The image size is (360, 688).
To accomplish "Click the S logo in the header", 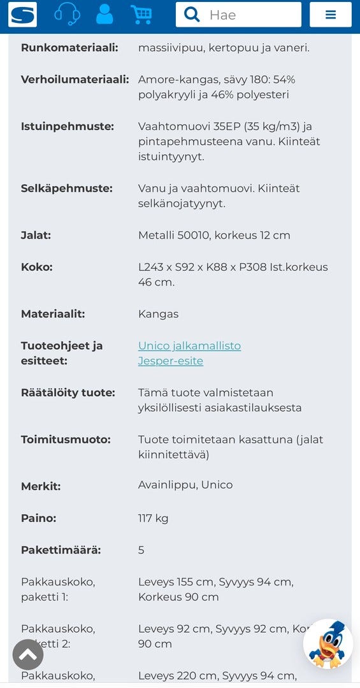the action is coord(22,14).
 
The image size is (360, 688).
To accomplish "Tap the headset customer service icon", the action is coord(67,14).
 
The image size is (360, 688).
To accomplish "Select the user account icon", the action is coord(104,14).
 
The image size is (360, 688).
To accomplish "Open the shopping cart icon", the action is coord(141,14).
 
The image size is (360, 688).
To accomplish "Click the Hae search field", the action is coord(252,15).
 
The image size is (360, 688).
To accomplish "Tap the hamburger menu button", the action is coord(330,15).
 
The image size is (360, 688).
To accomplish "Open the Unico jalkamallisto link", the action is coord(189,346).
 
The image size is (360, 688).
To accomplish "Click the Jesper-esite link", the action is coord(170,361).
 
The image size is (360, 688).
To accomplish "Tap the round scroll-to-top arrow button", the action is coord(28,654).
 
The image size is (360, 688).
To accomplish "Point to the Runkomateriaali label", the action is coord(69,48).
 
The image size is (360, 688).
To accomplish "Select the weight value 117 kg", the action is coord(153,519).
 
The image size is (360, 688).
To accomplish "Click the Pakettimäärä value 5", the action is coord(141,550).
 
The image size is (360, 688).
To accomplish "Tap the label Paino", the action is coord(38,519).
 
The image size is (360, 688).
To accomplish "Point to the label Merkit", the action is coord(41,487).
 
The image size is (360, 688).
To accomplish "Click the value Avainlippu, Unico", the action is coord(185,485).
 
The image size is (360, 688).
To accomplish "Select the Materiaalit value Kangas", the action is coord(158,314).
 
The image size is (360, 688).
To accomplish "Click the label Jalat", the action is coord(36,236).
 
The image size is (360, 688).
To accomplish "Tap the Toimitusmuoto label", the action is coord(66,440).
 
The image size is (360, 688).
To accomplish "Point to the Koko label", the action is coord(36,268).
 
